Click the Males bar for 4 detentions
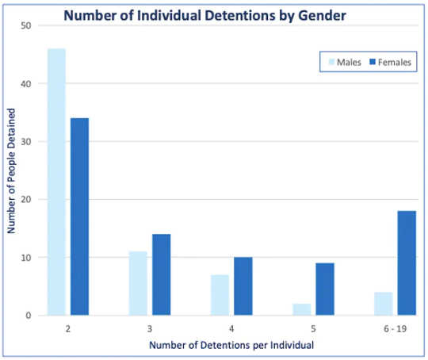pos(220,295)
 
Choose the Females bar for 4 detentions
pos(243,286)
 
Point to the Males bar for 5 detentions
pos(301,309)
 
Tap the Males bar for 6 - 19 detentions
pos(383,304)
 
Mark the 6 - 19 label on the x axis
pos(394,327)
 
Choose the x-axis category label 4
pos(231,327)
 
